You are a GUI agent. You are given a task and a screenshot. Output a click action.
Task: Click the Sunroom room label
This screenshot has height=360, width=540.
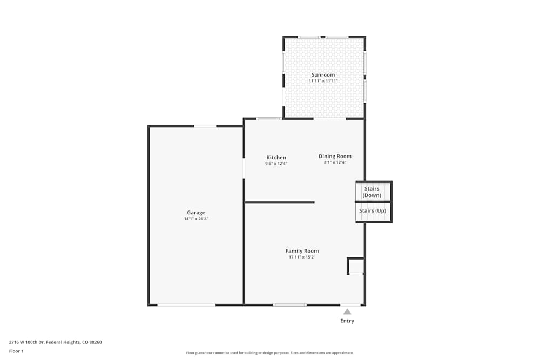(x=323, y=75)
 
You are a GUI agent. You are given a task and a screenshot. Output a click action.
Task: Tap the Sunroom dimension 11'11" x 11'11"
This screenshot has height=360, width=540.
(x=323, y=81)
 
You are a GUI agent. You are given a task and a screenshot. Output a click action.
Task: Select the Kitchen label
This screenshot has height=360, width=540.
(x=276, y=158)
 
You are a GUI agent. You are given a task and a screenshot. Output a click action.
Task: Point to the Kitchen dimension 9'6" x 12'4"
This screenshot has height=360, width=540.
(x=276, y=164)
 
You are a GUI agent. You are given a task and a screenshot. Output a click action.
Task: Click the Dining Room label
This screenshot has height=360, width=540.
(x=335, y=157)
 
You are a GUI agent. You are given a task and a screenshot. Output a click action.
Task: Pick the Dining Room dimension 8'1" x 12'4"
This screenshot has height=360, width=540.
(x=335, y=162)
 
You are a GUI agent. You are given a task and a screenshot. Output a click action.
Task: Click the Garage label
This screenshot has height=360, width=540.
(x=196, y=213)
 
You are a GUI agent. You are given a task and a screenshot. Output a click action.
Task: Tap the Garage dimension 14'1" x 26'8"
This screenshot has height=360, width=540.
(x=196, y=219)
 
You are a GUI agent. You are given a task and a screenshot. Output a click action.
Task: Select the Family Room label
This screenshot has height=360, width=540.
(x=302, y=251)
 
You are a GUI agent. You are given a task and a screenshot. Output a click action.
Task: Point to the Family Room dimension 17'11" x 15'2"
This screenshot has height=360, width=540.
(x=302, y=257)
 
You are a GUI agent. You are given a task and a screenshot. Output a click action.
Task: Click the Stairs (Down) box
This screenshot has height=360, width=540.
(x=372, y=192)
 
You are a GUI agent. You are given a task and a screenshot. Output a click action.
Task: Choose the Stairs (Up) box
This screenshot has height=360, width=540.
(x=373, y=211)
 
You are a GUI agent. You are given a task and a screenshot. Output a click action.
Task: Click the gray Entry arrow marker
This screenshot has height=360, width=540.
(x=347, y=311)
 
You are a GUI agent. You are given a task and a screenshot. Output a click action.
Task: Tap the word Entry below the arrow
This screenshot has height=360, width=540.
(x=347, y=321)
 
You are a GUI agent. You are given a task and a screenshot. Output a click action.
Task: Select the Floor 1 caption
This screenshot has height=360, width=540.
(x=16, y=351)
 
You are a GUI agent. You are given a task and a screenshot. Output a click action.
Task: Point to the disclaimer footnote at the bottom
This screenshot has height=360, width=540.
(x=270, y=353)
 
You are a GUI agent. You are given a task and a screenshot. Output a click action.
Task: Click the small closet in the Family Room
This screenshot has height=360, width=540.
(x=356, y=266)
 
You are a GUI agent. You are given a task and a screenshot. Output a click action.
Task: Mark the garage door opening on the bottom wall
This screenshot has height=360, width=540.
(x=186, y=305)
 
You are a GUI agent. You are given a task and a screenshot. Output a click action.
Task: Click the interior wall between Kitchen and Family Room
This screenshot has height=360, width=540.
(x=280, y=202)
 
